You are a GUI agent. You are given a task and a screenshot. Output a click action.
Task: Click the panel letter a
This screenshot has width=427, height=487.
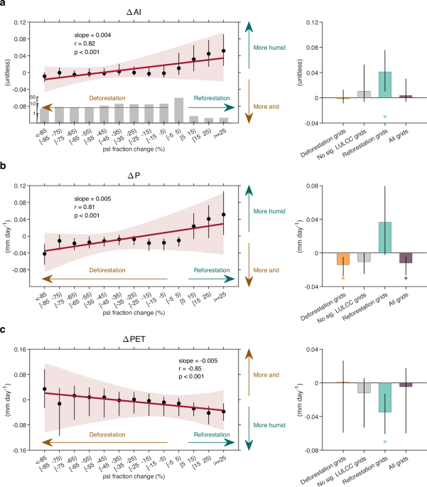coord(4,5)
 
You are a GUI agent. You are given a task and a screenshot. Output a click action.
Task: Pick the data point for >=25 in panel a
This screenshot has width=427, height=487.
coord(224,51)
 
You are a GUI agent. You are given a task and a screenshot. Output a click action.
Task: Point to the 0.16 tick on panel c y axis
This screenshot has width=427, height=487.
coord(23,349)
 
